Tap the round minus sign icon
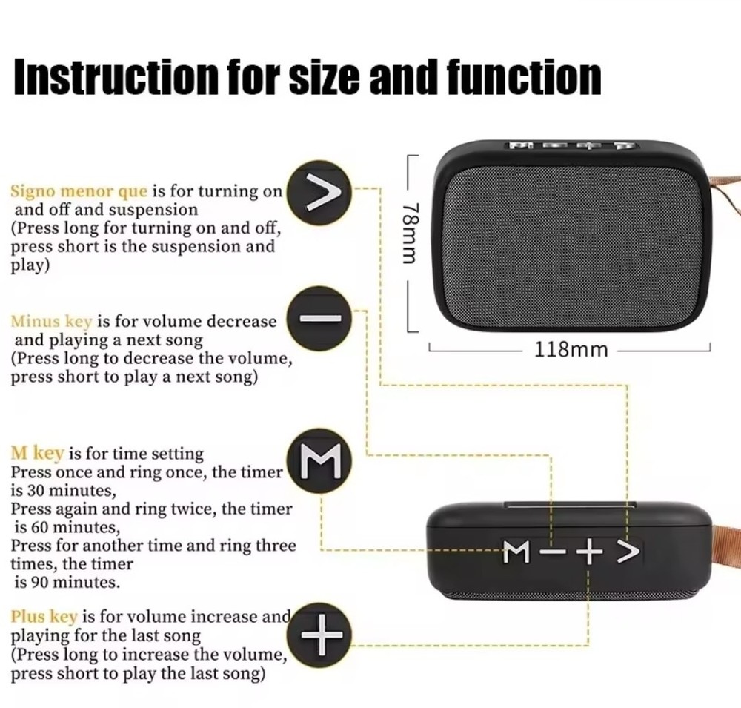pos(320,318)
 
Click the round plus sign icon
pos(320,635)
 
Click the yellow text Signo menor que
pos(79,192)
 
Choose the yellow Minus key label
pos(51,322)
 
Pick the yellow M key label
pos(37,453)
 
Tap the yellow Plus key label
pos(44,617)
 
